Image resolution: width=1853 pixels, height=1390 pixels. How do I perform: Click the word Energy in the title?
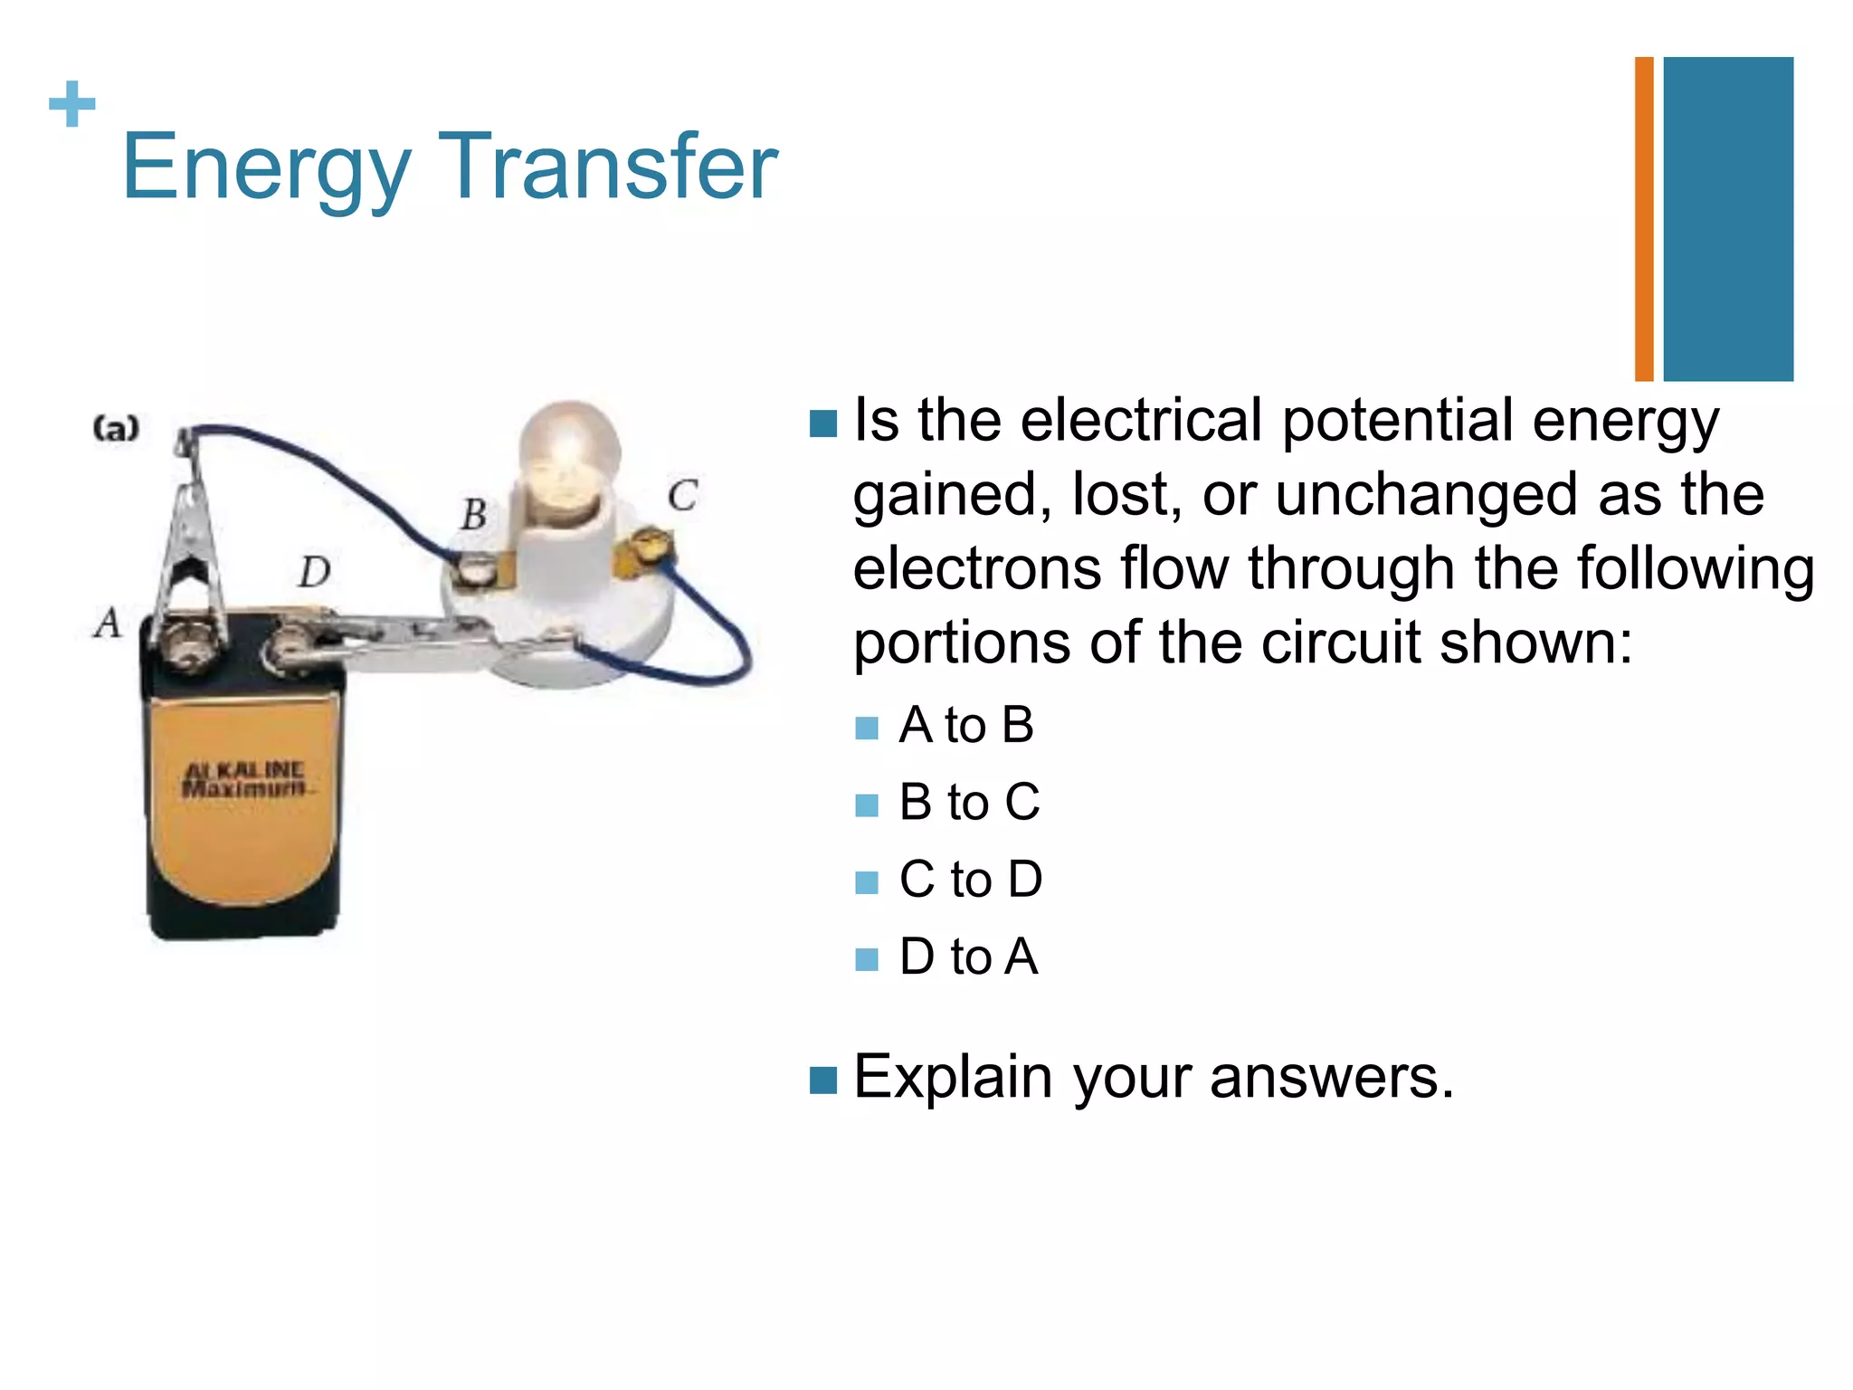[266, 169]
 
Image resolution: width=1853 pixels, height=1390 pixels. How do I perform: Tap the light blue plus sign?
[72, 104]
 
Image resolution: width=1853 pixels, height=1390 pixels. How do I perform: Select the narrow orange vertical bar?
[1643, 219]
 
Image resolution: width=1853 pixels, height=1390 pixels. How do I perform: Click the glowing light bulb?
[569, 452]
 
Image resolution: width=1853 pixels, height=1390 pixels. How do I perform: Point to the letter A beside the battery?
[108, 623]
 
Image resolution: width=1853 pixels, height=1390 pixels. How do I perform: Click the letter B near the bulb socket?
[473, 515]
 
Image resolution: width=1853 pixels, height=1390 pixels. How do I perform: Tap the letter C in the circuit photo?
[682, 496]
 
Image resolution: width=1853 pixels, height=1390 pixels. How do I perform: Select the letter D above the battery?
[315, 572]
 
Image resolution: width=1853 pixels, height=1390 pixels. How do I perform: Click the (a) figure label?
[117, 427]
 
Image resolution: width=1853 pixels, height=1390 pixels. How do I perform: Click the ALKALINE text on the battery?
[244, 770]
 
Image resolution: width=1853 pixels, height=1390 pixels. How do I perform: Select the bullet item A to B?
[965, 726]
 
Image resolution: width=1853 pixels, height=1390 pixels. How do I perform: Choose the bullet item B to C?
[969, 803]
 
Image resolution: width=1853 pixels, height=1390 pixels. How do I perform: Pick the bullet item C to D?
[970, 880]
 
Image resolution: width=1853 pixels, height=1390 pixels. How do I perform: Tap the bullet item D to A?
[968, 957]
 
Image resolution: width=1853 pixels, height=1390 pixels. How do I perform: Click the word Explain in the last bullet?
[953, 1078]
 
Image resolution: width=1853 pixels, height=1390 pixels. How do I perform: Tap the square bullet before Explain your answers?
[822, 1080]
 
